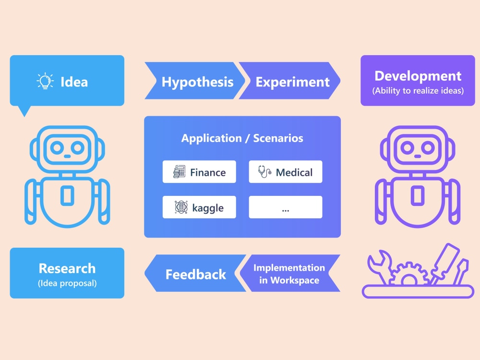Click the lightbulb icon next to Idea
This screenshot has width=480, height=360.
click(45, 81)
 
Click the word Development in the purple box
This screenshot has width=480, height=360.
click(418, 76)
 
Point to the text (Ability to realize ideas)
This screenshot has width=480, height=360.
click(418, 91)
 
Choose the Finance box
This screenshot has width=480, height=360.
click(199, 172)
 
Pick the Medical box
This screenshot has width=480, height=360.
click(286, 172)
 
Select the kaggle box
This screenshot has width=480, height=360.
click(199, 207)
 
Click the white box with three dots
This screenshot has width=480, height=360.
click(286, 207)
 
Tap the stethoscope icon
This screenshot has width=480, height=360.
click(264, 172)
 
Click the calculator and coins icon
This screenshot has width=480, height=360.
click(180, 172)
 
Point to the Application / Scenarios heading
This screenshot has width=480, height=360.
click(242, 138)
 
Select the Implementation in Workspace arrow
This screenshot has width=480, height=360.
click(289, 273)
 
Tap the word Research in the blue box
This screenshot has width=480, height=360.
click(67, 268)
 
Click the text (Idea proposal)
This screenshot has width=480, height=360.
click(67, 283)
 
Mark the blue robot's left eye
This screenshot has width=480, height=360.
click(57, 148)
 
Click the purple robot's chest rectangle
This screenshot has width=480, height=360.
click(418, 195)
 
